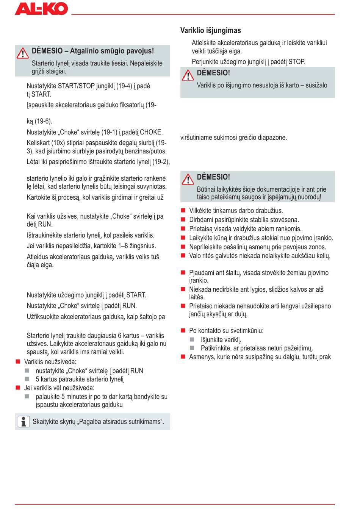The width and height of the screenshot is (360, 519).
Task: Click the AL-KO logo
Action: (x=41, y=9)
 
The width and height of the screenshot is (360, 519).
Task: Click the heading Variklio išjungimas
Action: (x=210, y=31)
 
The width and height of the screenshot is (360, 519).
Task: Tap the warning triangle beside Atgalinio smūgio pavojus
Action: (x=23, y=53)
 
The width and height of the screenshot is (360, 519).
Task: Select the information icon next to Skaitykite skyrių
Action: (x=23, y=421)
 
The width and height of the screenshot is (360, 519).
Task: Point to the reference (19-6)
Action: (x=43, y=122)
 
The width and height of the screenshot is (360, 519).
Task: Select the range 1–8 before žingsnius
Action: (x=119, y=246)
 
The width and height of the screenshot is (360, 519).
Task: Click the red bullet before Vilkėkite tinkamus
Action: (x=183, y=211)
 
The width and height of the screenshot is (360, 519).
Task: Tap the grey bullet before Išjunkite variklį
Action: (x=192, y=339)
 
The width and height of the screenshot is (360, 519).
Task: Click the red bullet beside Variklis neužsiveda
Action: (x=17, y=362)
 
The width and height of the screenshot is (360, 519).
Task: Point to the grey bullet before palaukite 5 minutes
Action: (x=27, y=396)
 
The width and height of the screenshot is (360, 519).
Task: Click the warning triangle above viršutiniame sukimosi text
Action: (x=188, y=75)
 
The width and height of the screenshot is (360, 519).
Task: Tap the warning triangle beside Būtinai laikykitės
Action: (x=188, y=179)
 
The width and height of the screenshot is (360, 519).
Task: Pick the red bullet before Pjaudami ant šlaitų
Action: (x=183, y=272)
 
